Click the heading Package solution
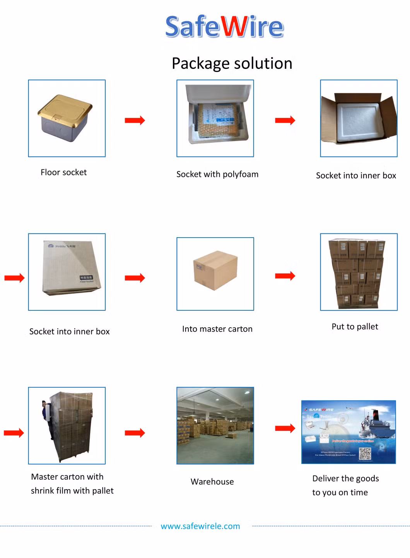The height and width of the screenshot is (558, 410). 232,63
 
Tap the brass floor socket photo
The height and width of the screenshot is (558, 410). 66,118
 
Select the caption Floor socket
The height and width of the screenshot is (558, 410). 63,172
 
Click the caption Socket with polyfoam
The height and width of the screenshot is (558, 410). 217,174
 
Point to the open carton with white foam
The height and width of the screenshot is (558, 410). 359,118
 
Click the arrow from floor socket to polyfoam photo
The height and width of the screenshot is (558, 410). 135,120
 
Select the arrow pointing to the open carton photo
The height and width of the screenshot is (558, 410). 285,120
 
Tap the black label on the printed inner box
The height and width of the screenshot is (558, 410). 86,278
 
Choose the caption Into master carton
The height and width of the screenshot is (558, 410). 217,329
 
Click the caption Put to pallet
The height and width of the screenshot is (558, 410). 355,327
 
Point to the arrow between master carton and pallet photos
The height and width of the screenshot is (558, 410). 285,276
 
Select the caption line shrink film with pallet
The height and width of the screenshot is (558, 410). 72,491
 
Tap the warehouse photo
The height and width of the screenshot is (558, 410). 215,425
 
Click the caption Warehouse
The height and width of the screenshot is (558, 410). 212,482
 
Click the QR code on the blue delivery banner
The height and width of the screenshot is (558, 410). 365,453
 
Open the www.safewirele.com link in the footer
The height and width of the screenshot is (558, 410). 200,526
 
